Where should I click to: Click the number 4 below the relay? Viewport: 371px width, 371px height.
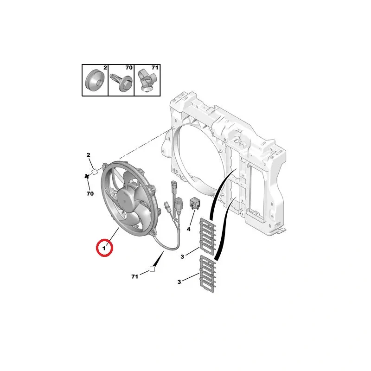pos(189,229)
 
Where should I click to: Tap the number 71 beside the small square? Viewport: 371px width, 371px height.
pos(135,276)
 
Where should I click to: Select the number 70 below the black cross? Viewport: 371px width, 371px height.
pos(90,192)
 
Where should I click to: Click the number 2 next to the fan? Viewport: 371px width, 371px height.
pos(88,155)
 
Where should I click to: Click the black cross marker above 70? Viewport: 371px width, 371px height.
pos(86,176)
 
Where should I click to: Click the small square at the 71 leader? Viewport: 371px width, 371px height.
pos(152,269)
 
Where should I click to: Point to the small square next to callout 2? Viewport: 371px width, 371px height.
pos(95,172)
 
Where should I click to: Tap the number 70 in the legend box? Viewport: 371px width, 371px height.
pos(129,68)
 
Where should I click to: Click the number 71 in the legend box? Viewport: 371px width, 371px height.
pos(155,68)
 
